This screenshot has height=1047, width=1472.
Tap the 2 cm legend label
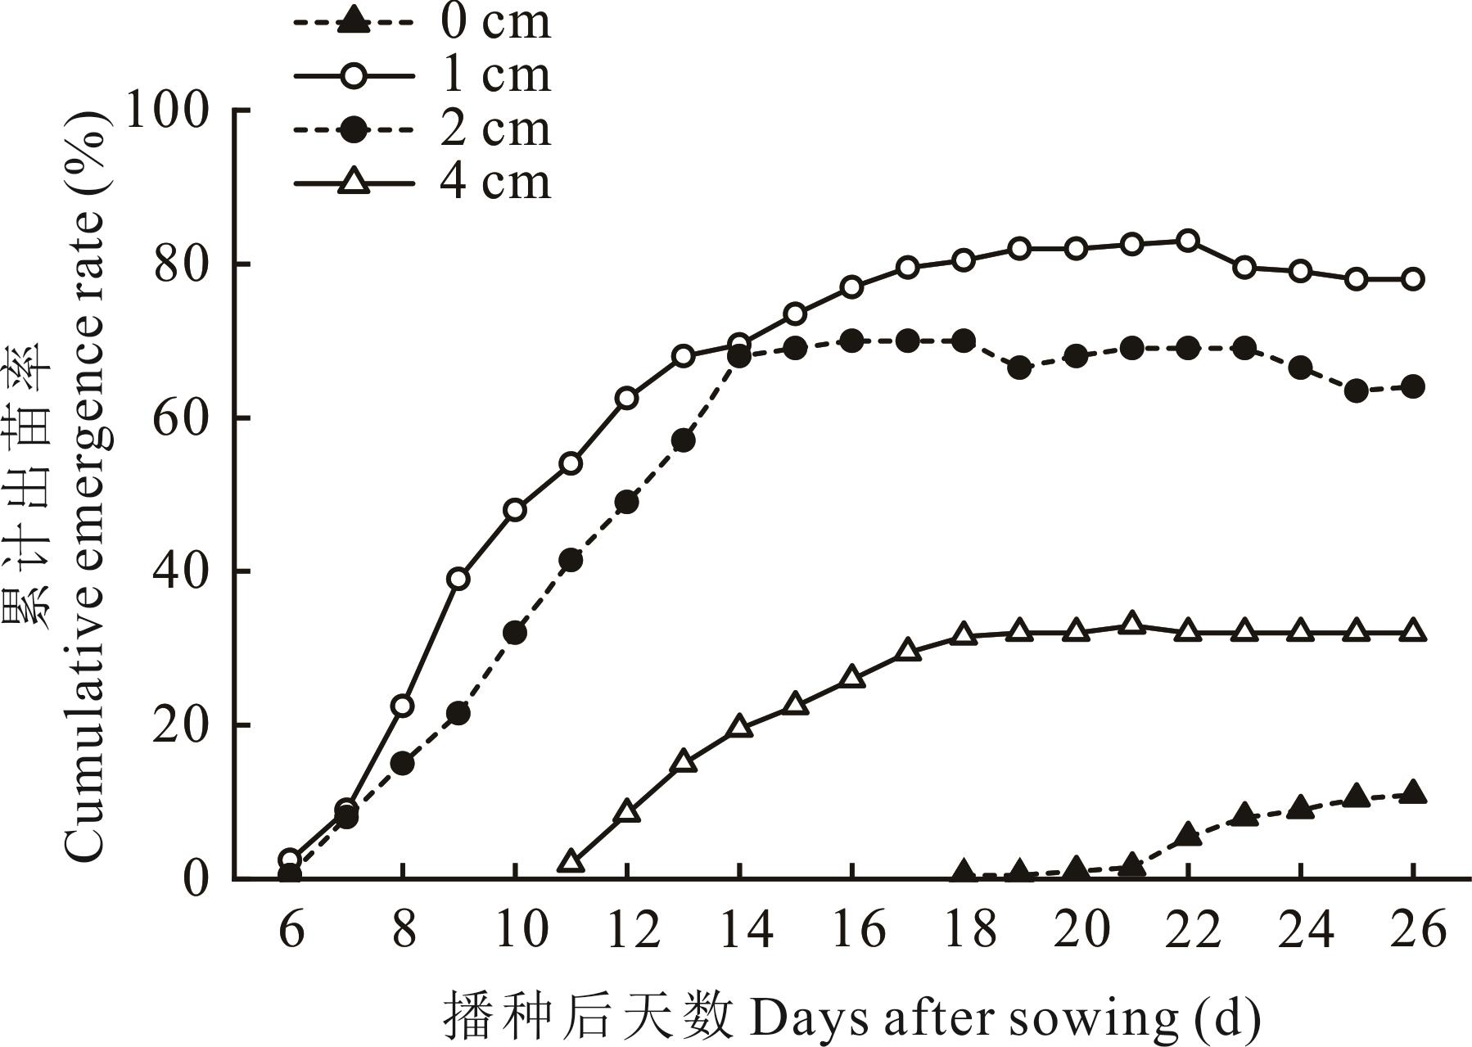click(x=495, y=129)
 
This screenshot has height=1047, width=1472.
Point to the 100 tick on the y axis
click(x=167, y=111)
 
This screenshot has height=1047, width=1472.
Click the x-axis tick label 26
click(x=1413, y=930)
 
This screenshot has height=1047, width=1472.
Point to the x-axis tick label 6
click(x=291, y=930)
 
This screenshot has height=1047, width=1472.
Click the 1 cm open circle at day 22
click(x=1188, y=241)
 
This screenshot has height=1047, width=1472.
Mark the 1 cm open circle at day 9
click(x=458, y=579)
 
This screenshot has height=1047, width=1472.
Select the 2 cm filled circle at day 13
click(x=683, y=440)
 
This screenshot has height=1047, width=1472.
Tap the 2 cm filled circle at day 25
click(x=1357, y=390)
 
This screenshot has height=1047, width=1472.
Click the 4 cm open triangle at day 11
click(x=571, y=862)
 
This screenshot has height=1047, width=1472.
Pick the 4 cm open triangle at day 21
click(x=1132, y=624)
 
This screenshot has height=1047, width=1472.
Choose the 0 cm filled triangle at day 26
click(x=1413, y=792)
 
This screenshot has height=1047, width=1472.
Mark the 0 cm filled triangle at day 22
click(x=1188, y=835)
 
